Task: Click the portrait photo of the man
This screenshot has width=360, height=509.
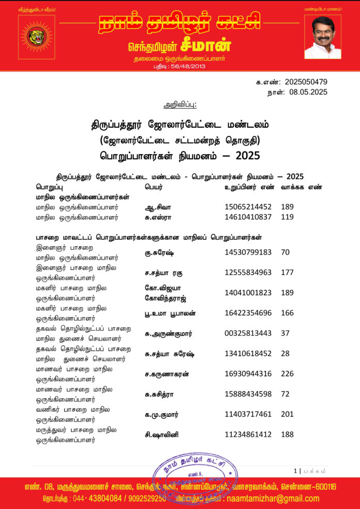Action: [323, 37]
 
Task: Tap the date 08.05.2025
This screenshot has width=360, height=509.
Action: [308, 92]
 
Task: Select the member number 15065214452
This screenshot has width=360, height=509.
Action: [248, 207]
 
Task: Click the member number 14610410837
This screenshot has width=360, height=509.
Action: [248, 217]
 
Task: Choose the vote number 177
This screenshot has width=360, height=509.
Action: [288, 273]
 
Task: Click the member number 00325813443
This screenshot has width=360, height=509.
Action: [248, 333]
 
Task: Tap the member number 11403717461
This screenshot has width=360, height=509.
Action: [248, 414]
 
